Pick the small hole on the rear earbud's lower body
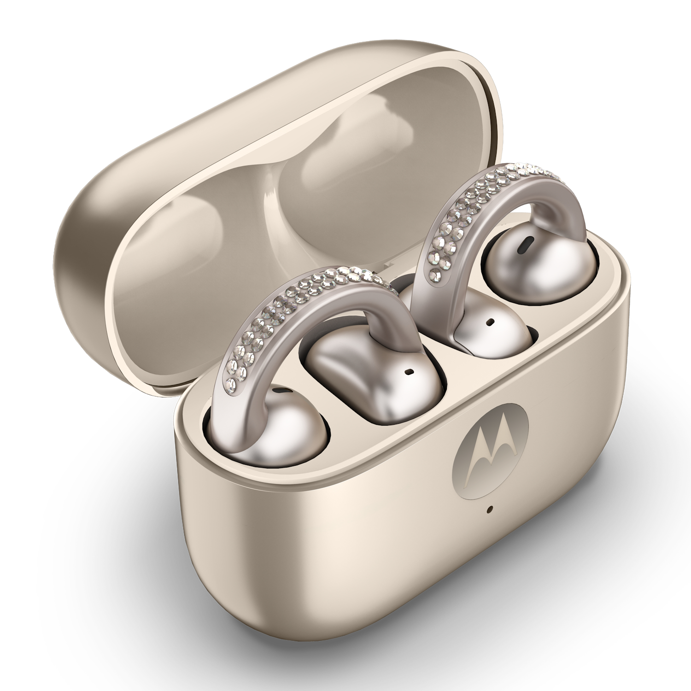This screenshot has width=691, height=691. point(491,320)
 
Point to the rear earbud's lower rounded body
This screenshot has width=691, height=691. point(488,332)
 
